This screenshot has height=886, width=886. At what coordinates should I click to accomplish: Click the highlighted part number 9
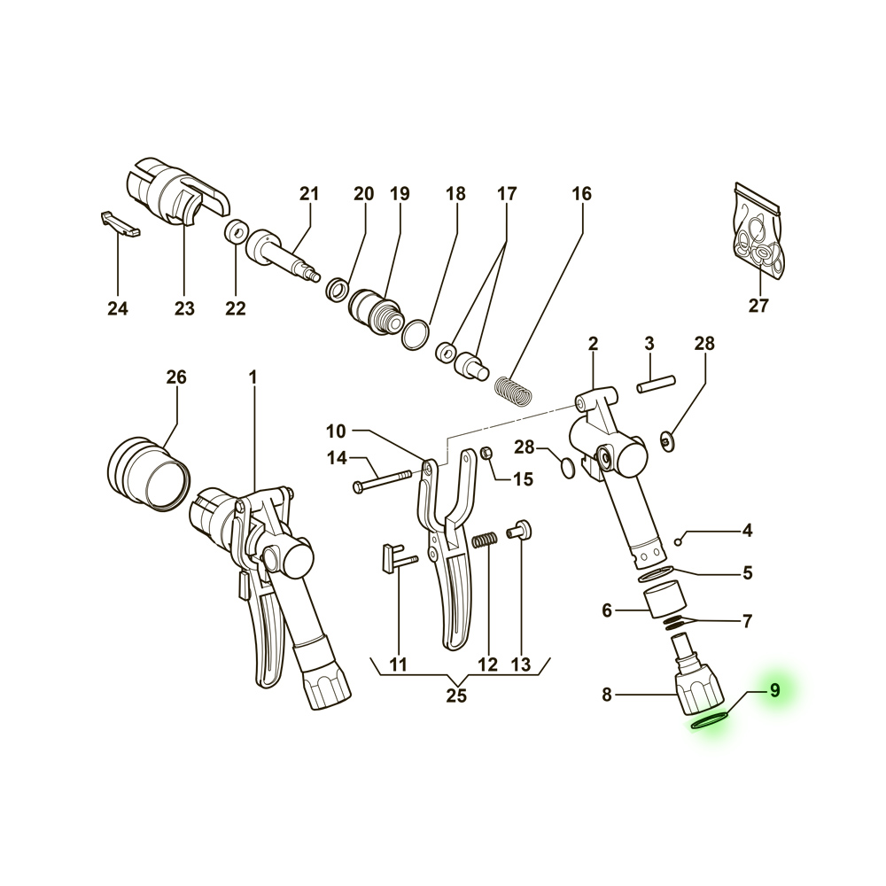[x=774, y=690]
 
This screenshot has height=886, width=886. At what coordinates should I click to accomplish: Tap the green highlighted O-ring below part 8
[x=711, y=720]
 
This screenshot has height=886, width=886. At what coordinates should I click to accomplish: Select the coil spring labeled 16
[x=513, y=391]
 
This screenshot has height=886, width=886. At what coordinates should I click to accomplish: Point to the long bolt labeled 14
[x=381, y=480]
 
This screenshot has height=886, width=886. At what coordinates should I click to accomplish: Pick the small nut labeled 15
[x=488, y=454]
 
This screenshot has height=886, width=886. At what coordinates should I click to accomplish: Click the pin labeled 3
[x=656, y=384]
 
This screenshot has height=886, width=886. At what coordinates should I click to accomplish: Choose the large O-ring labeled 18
[x=416, y=335]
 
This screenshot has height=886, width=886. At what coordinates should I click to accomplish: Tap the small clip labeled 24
[x=120, y=224]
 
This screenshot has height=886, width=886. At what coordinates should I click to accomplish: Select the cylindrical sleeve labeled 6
[x=665, y=602]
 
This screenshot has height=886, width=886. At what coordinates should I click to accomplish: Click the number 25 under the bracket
[x=456, y=696]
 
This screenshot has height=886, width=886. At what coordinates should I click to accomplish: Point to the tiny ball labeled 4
[x=679, y=542]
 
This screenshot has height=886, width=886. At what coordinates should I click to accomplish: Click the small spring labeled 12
[x=485, y=540]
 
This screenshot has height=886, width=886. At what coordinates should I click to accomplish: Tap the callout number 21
[x=309, y=194]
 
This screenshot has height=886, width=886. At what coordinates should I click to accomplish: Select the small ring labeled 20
[x=338, y=290]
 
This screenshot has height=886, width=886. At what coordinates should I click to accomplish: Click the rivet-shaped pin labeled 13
[x=520, y=530]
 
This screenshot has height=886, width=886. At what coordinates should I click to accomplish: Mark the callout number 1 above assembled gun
[x=253, y=377]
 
